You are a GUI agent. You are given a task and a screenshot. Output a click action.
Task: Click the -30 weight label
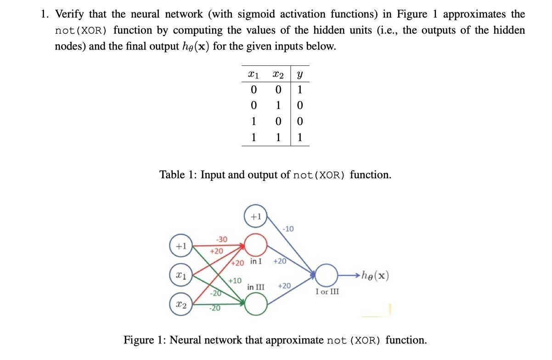pos(221,239)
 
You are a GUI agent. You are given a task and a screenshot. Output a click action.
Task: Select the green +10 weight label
pos(235,280)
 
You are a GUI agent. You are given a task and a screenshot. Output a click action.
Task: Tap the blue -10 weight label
pos(288,228)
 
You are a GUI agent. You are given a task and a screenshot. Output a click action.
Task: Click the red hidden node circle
pos(256,245)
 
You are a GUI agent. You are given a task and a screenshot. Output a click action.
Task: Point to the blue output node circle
pos(327,276)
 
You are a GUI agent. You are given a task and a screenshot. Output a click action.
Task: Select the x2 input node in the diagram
pos(181,304)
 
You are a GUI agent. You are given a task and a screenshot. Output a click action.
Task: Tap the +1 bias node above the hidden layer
pos(256,216)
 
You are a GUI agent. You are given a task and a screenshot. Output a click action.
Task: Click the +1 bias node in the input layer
pos(181,246)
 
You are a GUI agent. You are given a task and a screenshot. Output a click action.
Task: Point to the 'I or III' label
pos(327,292)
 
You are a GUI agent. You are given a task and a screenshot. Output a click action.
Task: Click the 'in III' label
pos(256,287)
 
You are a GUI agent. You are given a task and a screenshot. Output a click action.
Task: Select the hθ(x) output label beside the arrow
pos(375,276)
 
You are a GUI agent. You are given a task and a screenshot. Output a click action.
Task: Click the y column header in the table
pos(299,73)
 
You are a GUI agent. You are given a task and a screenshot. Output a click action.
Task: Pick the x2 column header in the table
pos(277,73)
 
